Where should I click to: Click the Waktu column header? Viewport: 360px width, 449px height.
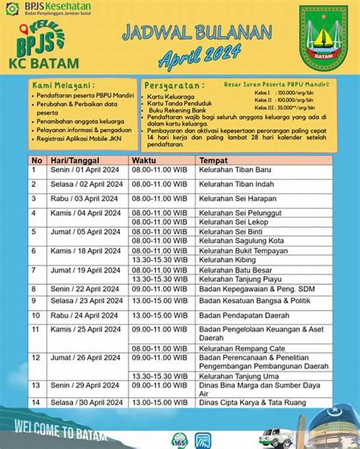pyautogui.click(x=143, y=161)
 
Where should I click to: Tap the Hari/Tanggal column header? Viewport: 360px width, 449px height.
pyautogui.click(x=73, y=161)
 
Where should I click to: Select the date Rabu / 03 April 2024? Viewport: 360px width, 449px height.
pyautogui.click(x=83, y=198)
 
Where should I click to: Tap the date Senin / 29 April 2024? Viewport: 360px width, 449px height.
pyautogui.click(x=84, y=385)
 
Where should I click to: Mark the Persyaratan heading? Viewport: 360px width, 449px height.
pyautogui.click(x=175, y=85)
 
